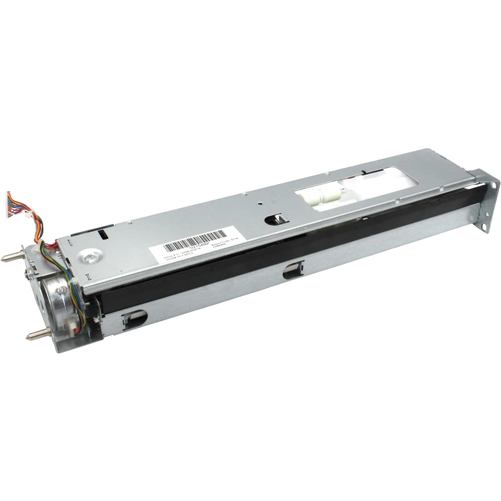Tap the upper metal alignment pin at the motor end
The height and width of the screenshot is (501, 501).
pos(11,257)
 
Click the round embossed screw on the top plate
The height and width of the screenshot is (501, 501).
pos(91,257)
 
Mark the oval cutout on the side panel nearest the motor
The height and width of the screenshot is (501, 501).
pos(135,317)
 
